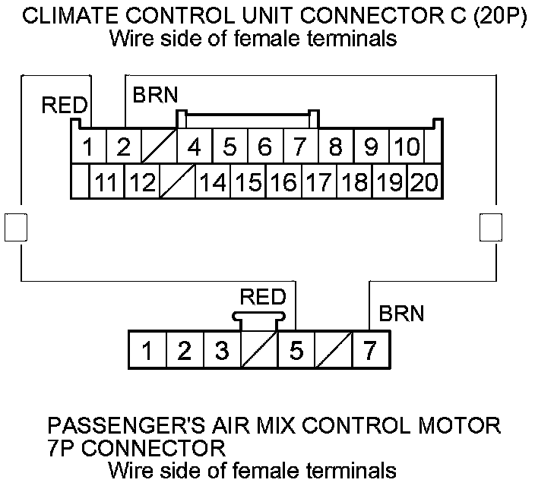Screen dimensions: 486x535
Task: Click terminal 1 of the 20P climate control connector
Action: pyautogui.click(x=88, y=147)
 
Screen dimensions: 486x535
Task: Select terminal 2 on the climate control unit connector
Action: pyautogui.click(x=124, y=147)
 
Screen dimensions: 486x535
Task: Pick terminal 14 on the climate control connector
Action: pyautogui.click(x=212, y=182)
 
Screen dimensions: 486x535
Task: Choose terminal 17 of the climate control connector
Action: pyautogui.click(x=318, y=182)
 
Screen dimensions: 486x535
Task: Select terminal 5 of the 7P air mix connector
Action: pyautogui.click(x=296, y=351)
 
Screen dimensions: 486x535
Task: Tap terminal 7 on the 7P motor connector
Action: pyautogui.click(x=370, y=351)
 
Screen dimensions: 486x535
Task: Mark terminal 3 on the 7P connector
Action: pyautogui.click(x=221, y=351)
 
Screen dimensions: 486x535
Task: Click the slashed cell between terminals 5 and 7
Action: pyautogui.click(x=333, y=351)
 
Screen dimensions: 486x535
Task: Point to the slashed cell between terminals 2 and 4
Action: pyautogui.click(x=159, y=147)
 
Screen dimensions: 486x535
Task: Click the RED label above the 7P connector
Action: pyautogui.click(x=262, y=296)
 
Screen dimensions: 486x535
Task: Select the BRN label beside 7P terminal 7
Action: pyautogui.click(x=401, y=312)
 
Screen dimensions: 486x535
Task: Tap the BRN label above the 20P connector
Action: pyautogui.click(x=155, y=96)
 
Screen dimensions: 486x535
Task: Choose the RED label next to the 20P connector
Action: pyautogui.click(x=65, y=106)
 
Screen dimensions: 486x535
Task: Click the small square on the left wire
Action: pyautogui.click(x=16, y=226)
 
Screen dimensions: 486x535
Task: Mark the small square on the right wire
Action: pyautogui.click(x=492, y=226)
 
